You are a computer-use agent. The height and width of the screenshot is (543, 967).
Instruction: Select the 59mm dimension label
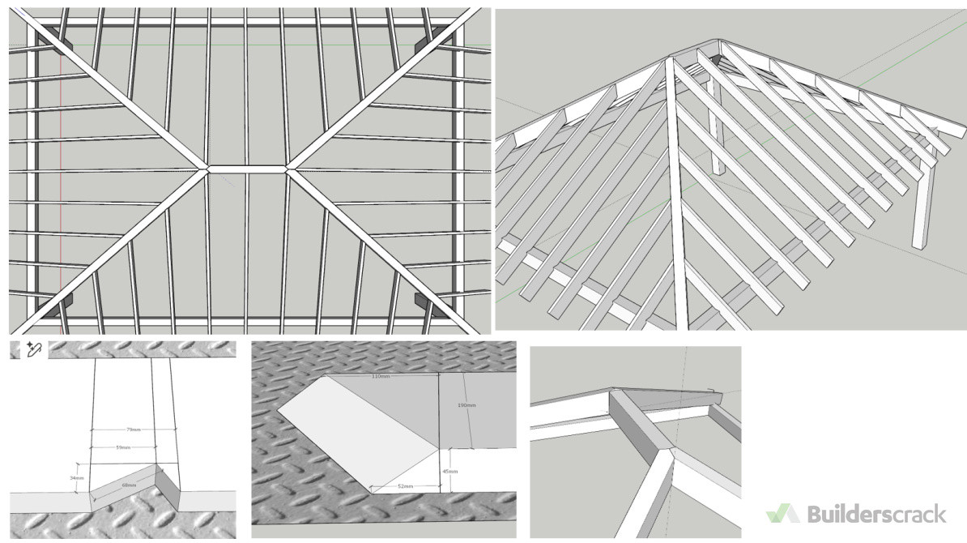[123, 447]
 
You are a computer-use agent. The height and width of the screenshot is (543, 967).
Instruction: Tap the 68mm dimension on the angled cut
[128, 485]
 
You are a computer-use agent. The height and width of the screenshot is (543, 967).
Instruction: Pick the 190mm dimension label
[466, 404]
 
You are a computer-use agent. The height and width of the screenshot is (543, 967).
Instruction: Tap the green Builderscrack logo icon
[782, 514]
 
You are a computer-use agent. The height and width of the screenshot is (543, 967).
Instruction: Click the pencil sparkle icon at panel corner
[33, 349]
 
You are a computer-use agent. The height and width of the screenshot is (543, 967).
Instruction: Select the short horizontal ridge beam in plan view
[246, 169]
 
